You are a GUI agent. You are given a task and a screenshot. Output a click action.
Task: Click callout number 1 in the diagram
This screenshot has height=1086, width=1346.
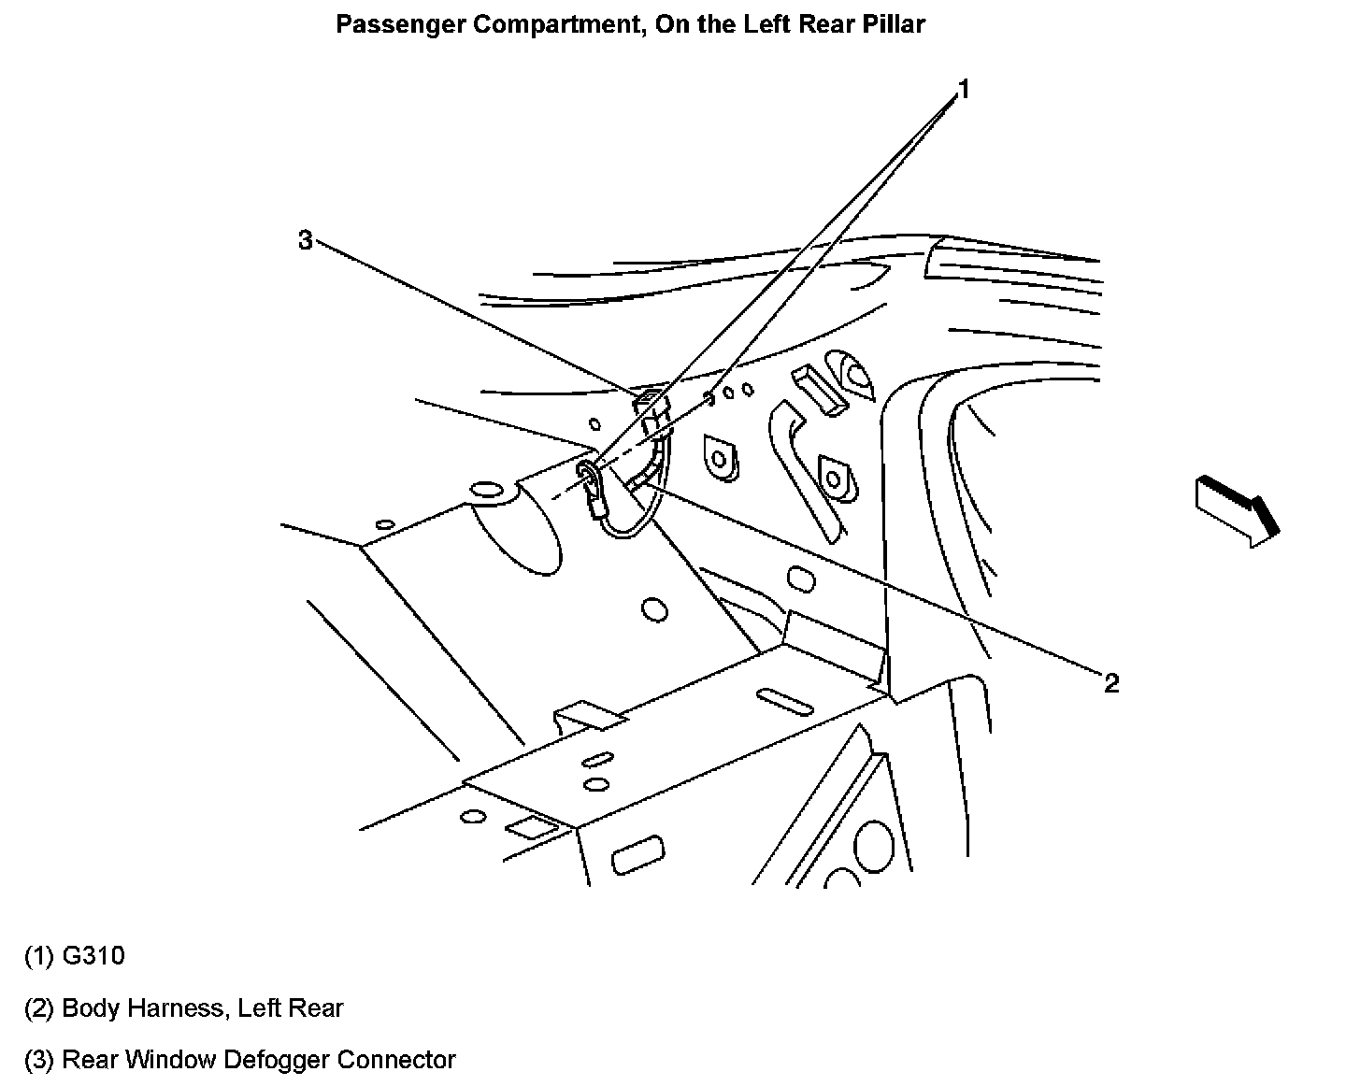(x=963, y=90)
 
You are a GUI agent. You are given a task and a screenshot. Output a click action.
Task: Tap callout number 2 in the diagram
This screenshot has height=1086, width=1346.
(x=1110, y=683)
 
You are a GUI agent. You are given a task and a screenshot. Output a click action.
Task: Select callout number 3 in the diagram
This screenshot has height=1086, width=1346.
(x=306, y=240)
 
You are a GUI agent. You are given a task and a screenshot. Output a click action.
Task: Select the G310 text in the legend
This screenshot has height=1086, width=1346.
(x=93, y=956)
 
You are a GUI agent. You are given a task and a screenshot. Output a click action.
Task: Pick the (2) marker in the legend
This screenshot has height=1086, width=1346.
(x=39, y=1008)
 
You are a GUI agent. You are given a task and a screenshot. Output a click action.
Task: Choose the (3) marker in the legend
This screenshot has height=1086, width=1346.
(x=39, y=1060)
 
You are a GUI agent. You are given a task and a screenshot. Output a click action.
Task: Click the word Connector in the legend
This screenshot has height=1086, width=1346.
(x=396, y=1060)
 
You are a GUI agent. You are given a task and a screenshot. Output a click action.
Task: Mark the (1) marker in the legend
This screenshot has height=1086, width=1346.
(x=39, y=956)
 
